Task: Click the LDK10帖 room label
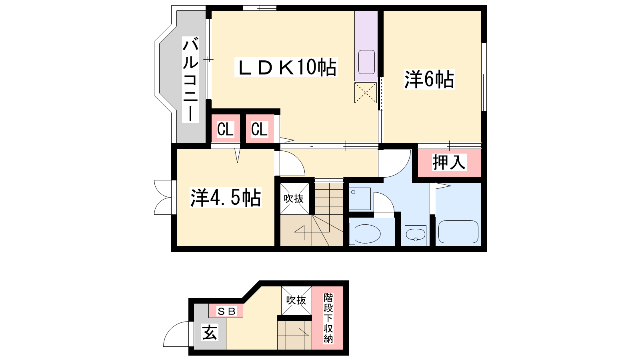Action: [x=286, y=67]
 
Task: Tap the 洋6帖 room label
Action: [x=429, y=80]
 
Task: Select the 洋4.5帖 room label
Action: [x=226, y=198]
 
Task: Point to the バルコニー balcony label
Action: [x=190, y=80]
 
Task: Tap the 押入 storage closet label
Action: [x=449, y=162]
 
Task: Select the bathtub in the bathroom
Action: [x=458, y=232]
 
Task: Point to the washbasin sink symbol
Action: [x=416, y=236]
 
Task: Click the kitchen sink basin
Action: [x=366, y=62]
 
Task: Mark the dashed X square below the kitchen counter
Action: [x=366, y=92]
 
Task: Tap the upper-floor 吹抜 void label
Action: [x=294, y=198]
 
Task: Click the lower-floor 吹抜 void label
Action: [x=296, y=300]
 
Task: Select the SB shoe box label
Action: [x=226, y=311]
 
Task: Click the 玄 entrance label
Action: [x=210, y=332]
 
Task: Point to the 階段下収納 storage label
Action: [x=328, y=318]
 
